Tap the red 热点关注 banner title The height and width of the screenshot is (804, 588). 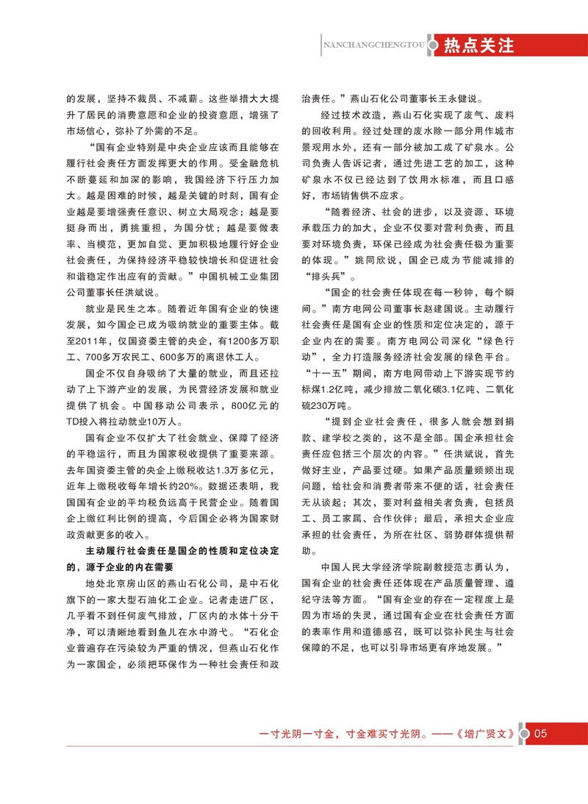point(478,46)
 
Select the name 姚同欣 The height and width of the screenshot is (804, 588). point(376,261)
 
